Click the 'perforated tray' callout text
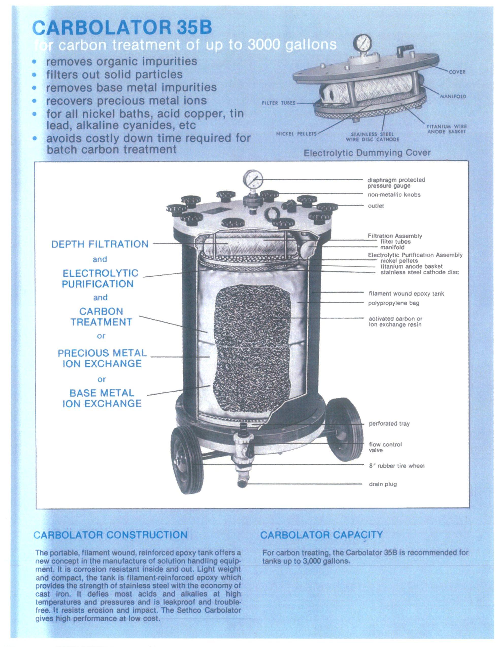(x=389, y=424)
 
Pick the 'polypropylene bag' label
(x=394, y=303)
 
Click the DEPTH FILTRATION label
(x=100, y=244)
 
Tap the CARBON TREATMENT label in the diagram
(x=101, y=317)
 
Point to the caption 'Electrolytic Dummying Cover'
(x=367, y=153)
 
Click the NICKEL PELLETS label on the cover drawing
(x=296, y=134)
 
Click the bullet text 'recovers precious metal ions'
(x=126, y=100)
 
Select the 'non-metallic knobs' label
(x=394, y=195)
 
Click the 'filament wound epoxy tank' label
(x=406, y=294)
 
